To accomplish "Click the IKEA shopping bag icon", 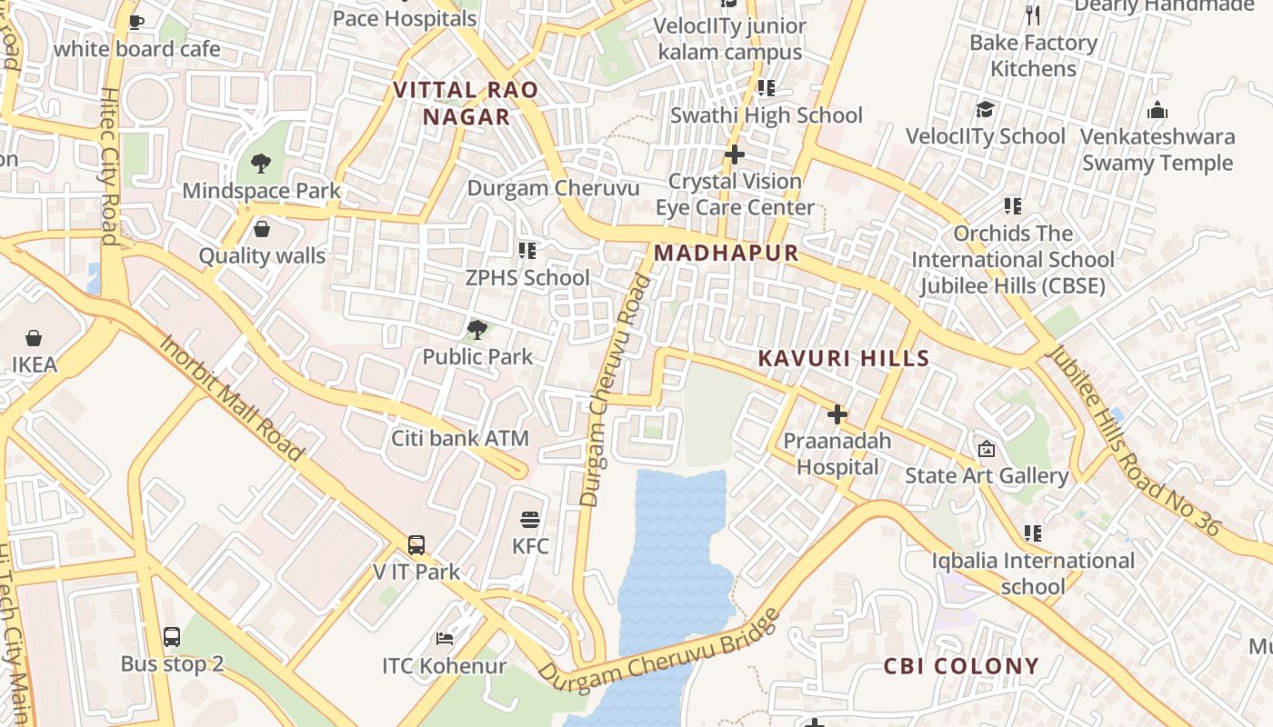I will (x=34, y=339).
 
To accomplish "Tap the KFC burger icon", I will (x=530, y=520).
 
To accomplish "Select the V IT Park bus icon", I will (x=416, y=545).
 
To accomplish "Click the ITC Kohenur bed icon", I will (x=445, y=639).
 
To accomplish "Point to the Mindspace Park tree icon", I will (x=261, y=164).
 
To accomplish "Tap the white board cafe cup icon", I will (x=136, y=22).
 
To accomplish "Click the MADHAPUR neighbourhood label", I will (x=726, y=254).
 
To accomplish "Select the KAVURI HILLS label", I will (x=844, y=358).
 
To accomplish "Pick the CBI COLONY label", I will (x=961, y=666).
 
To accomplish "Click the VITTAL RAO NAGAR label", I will (x=466, y=104).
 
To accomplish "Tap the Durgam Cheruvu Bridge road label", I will (x=659, y=650).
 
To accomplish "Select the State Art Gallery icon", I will (x=986, y=449).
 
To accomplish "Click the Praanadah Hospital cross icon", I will (x=837, y=415).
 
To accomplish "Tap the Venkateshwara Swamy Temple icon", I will (x=1158, y=111).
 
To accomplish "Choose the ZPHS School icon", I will (x=526, y=250).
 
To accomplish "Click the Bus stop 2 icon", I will (x=172, y=637).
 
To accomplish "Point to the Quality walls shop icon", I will (x=262, y=229).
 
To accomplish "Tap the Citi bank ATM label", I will (x=460, y=438).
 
